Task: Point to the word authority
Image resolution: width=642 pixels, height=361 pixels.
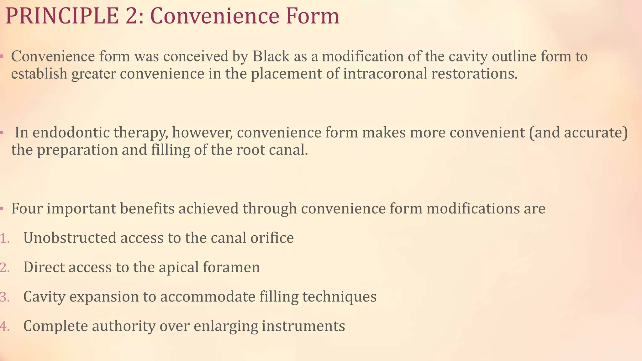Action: [124, 326]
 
